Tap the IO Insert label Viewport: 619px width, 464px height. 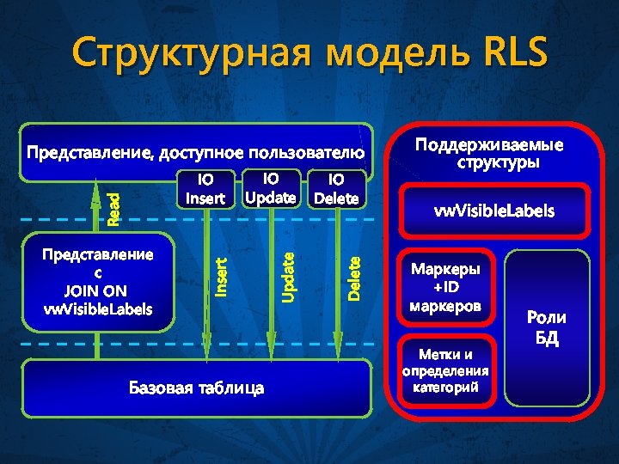[205, 189]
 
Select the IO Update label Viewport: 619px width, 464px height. [271, 188]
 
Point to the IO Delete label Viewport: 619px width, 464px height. [336, 189]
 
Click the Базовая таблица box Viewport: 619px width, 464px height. [196, 388]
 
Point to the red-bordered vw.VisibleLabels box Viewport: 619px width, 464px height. [493, 210]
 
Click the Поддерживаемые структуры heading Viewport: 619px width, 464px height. [493, 152]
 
